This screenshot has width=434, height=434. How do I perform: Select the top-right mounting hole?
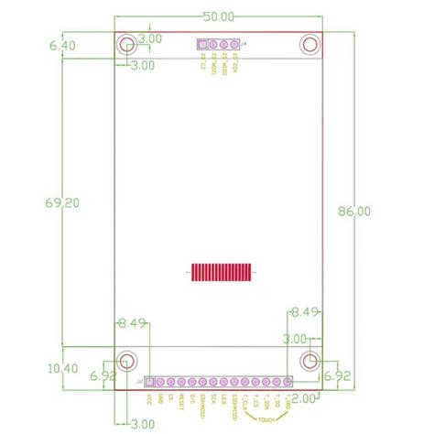pos(310,44)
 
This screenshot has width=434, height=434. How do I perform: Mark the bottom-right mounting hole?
pos(310,360)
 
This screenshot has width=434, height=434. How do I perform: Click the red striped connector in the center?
pos(220,272)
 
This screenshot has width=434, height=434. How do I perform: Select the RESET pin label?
pos(181,402)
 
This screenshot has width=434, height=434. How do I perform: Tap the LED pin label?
pos(222,399)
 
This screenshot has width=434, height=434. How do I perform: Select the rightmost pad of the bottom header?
pos(288,381)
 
